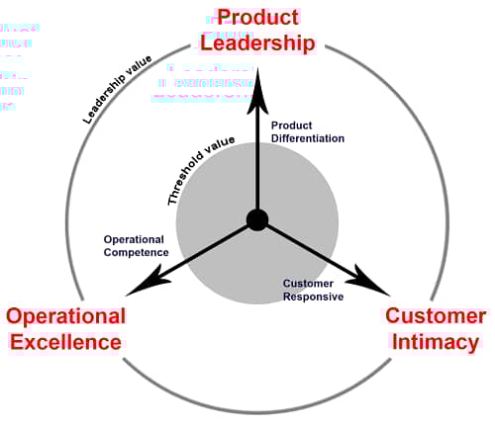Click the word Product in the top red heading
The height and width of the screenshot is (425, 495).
pos(257,18)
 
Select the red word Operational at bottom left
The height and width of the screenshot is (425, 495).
pos(65,316)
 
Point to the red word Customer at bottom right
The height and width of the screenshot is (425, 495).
pos(436,316)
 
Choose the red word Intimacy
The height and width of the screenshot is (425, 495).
pos(437,342)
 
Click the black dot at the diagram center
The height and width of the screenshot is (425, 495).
pos(256,219)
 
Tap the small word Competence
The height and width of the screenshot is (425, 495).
pos(136,252)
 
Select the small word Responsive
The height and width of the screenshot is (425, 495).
pos(313,296)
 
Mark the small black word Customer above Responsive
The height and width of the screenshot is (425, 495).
pos(307,283)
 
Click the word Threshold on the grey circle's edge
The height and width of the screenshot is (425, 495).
pos(187,185)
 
